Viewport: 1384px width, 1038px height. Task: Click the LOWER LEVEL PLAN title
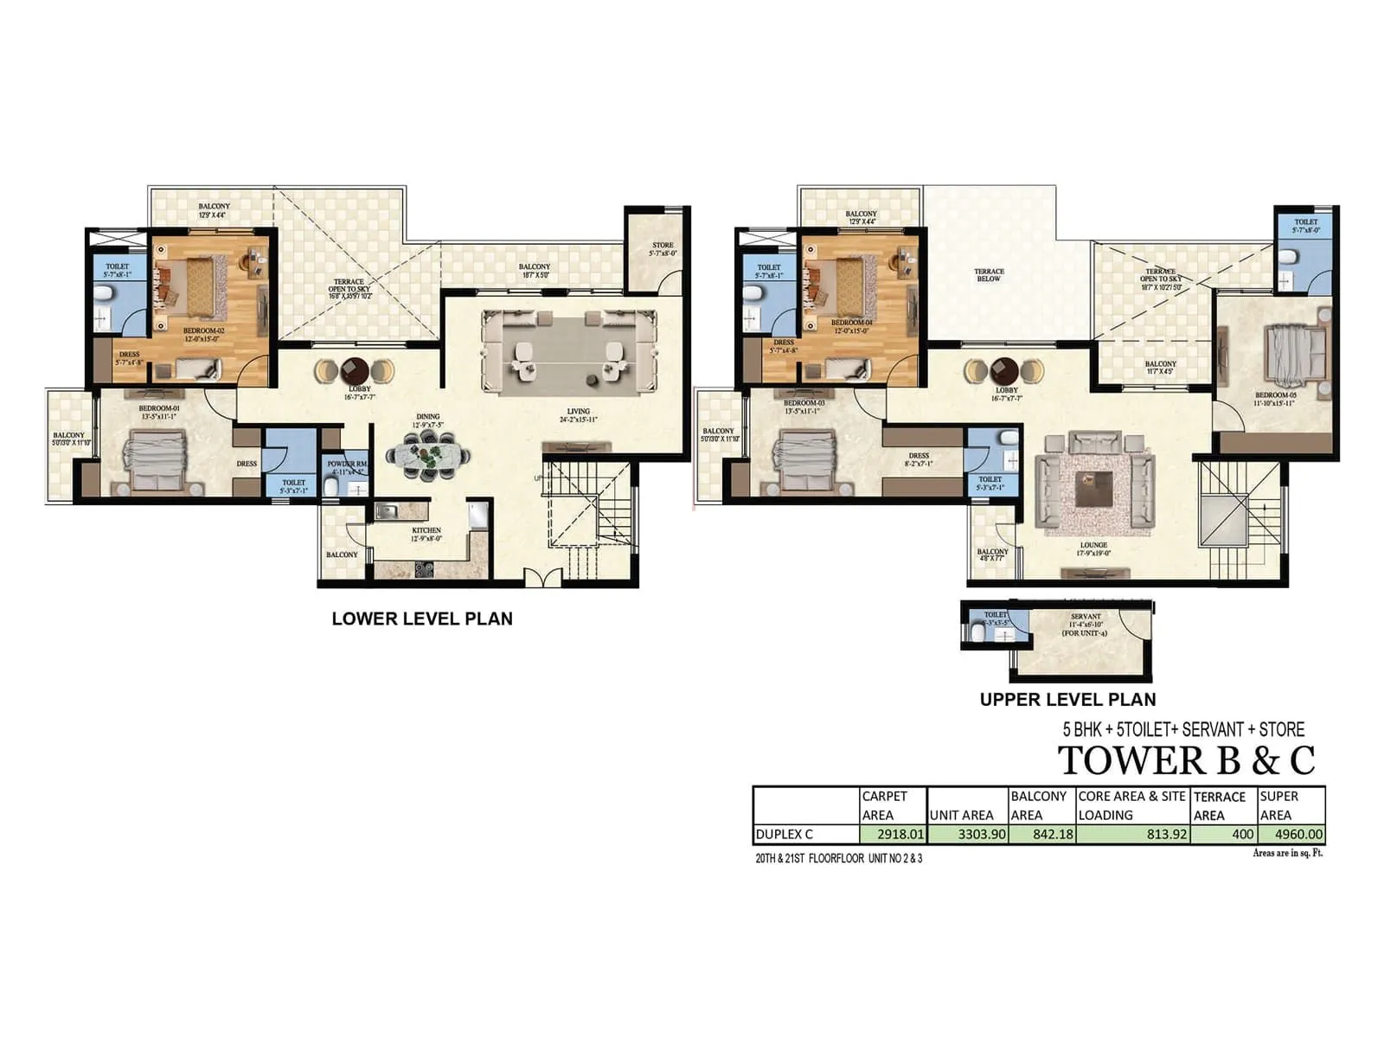click(422, 618)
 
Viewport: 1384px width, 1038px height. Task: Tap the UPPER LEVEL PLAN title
click(1067, 699)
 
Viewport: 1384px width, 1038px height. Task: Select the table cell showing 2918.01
click(894, 835)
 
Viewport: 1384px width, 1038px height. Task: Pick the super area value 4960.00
click(1291, 835)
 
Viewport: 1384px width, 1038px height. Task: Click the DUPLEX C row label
click(785, 835)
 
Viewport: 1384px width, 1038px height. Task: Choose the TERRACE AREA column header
click(1220, 805)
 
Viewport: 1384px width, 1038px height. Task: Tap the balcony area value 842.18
click(1042, 835)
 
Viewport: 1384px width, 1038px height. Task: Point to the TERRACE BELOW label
click(989, 275)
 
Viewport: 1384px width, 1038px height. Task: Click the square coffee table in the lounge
click(1094, 490)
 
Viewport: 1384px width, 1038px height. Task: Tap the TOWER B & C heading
click(1186, 759)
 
